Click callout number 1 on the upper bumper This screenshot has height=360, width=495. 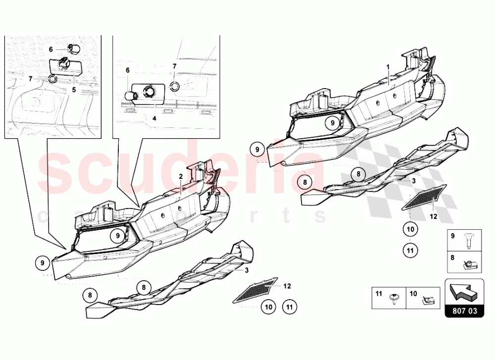(388, 67)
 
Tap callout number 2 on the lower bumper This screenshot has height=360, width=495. (181, 176)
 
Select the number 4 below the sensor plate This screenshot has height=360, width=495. (154, 118)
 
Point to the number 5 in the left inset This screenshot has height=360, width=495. (74, 90)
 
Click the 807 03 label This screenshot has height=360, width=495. (464, 311)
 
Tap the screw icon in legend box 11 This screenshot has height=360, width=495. (394, 299)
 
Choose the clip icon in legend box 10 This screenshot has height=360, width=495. (428, 300)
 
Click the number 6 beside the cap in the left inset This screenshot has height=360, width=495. (51, 49)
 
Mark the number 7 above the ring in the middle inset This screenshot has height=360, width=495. (175, 66)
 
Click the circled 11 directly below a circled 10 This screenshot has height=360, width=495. (410, 251)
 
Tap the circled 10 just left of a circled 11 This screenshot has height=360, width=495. (268, 307)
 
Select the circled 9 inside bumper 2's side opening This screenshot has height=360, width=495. (117, 235)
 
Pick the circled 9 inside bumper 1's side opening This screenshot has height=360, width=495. (332, 122)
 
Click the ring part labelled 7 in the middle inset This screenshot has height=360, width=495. (174, 86)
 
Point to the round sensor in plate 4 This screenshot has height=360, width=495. (148, 92)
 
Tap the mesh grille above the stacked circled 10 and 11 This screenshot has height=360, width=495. (424, 197)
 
